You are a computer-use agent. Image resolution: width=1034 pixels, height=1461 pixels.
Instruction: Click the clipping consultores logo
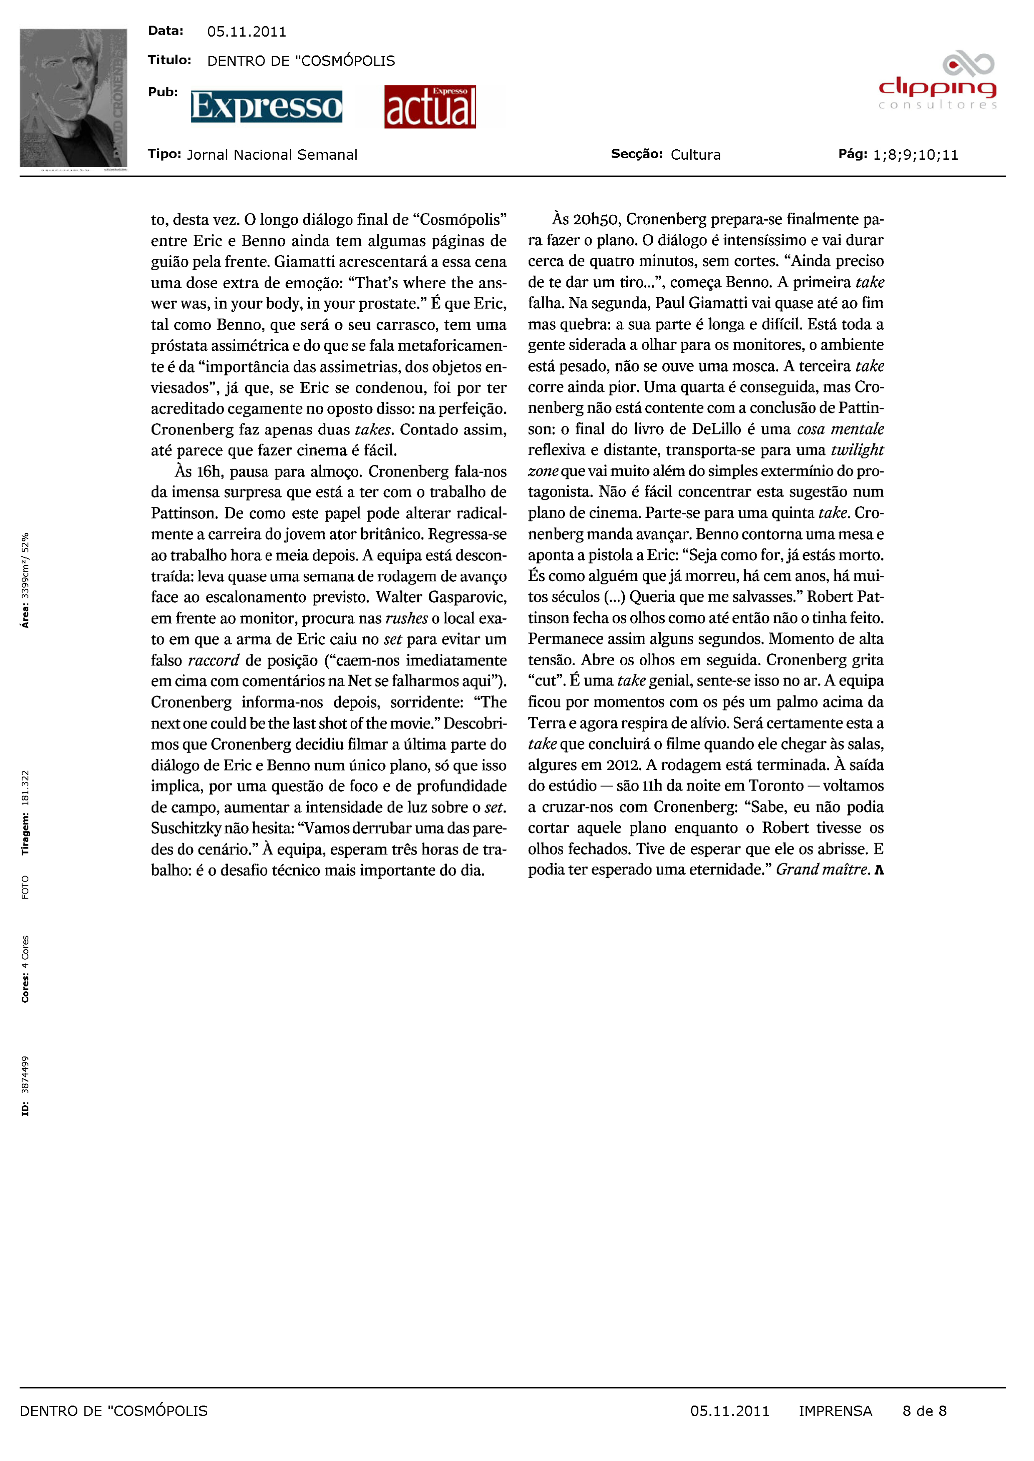(937, 83)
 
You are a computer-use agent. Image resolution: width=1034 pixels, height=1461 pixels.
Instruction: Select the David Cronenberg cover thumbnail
(73, 99)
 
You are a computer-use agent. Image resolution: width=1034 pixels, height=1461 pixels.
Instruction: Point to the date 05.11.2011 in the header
(247, 32)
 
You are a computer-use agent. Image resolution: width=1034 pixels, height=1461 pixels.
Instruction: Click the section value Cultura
(695, 155)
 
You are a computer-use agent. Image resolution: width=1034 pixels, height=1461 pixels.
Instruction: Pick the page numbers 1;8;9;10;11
(916, 155)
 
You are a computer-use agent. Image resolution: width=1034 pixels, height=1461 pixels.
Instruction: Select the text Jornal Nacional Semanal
(272, 155)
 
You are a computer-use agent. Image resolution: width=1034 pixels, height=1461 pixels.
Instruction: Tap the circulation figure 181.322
(25, 788)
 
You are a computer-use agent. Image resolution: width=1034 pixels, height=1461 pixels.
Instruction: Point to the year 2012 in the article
(623, 765)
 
